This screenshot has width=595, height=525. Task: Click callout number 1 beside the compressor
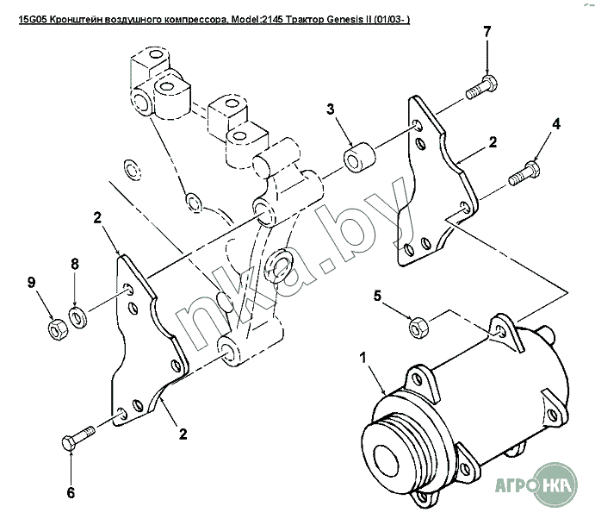[363, 357]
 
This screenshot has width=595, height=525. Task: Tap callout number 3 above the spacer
[330, 109]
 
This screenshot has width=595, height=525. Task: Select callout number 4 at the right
[556, 125]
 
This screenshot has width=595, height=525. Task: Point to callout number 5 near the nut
[375, 297]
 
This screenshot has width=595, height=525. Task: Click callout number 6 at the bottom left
[71, 493]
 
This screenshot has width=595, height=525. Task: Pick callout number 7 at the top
[487, 32]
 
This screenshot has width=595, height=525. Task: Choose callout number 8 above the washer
[75, 266]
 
